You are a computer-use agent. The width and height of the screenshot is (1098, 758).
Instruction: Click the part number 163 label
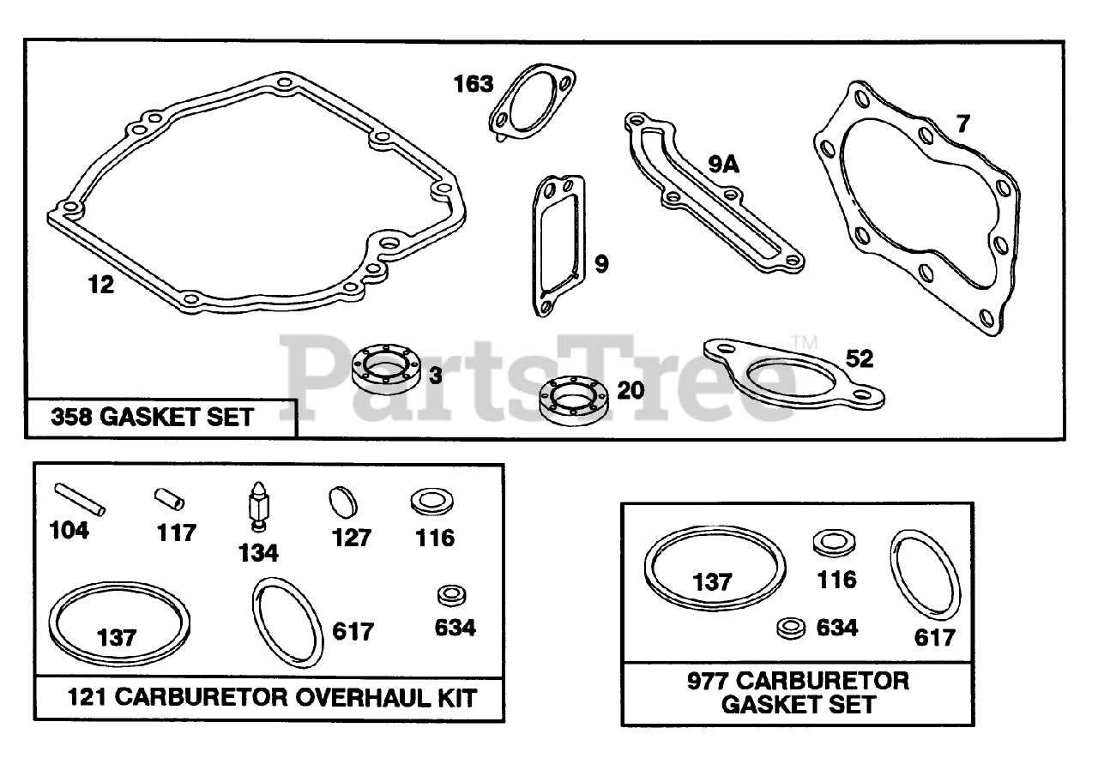click(474, 84)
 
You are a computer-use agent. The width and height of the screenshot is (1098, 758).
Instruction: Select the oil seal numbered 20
click(574, 398)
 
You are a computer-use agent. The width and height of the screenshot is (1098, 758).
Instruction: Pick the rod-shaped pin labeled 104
click(81, 499)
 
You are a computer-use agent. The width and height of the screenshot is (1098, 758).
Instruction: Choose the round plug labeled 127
click(342, 502)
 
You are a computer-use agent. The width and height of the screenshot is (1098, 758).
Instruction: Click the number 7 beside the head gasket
click(962, 124)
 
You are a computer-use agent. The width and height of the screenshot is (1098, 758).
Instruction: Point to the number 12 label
click(101, 285)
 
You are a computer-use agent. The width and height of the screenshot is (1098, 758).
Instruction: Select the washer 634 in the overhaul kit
click(449, 595)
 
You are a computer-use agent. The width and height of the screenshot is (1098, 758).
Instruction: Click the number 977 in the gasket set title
click(709, 682)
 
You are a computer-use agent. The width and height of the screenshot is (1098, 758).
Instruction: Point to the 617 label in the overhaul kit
click(353, 632)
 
